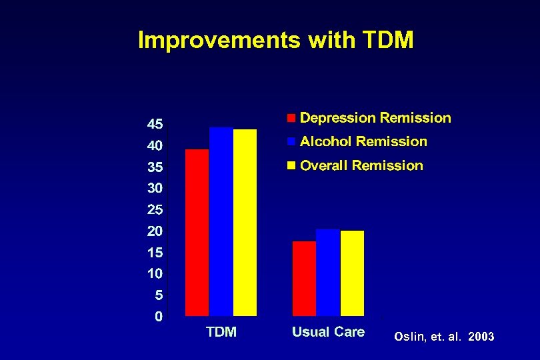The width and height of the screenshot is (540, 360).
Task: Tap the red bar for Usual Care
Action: click(304, 278)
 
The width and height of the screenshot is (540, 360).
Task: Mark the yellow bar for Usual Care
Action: click(352, 273)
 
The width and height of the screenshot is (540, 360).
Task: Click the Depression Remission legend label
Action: click(375, 118)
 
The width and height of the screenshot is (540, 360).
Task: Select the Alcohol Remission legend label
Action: click(363, 141)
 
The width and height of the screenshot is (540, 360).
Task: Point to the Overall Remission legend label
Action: click(361, 165)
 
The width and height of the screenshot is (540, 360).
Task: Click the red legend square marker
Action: click(291, 119)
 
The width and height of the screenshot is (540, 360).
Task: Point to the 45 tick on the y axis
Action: click(155, 124)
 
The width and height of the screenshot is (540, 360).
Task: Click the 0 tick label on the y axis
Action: click(159, 316)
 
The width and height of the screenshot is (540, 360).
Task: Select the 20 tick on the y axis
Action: click(155, 231)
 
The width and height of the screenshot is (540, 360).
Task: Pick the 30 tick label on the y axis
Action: click(155, 188)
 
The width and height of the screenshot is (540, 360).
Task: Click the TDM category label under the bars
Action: click(221, 332)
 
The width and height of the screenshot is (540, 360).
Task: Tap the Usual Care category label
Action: click(328, 332)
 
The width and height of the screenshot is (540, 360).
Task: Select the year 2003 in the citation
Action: click(481, 337)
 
